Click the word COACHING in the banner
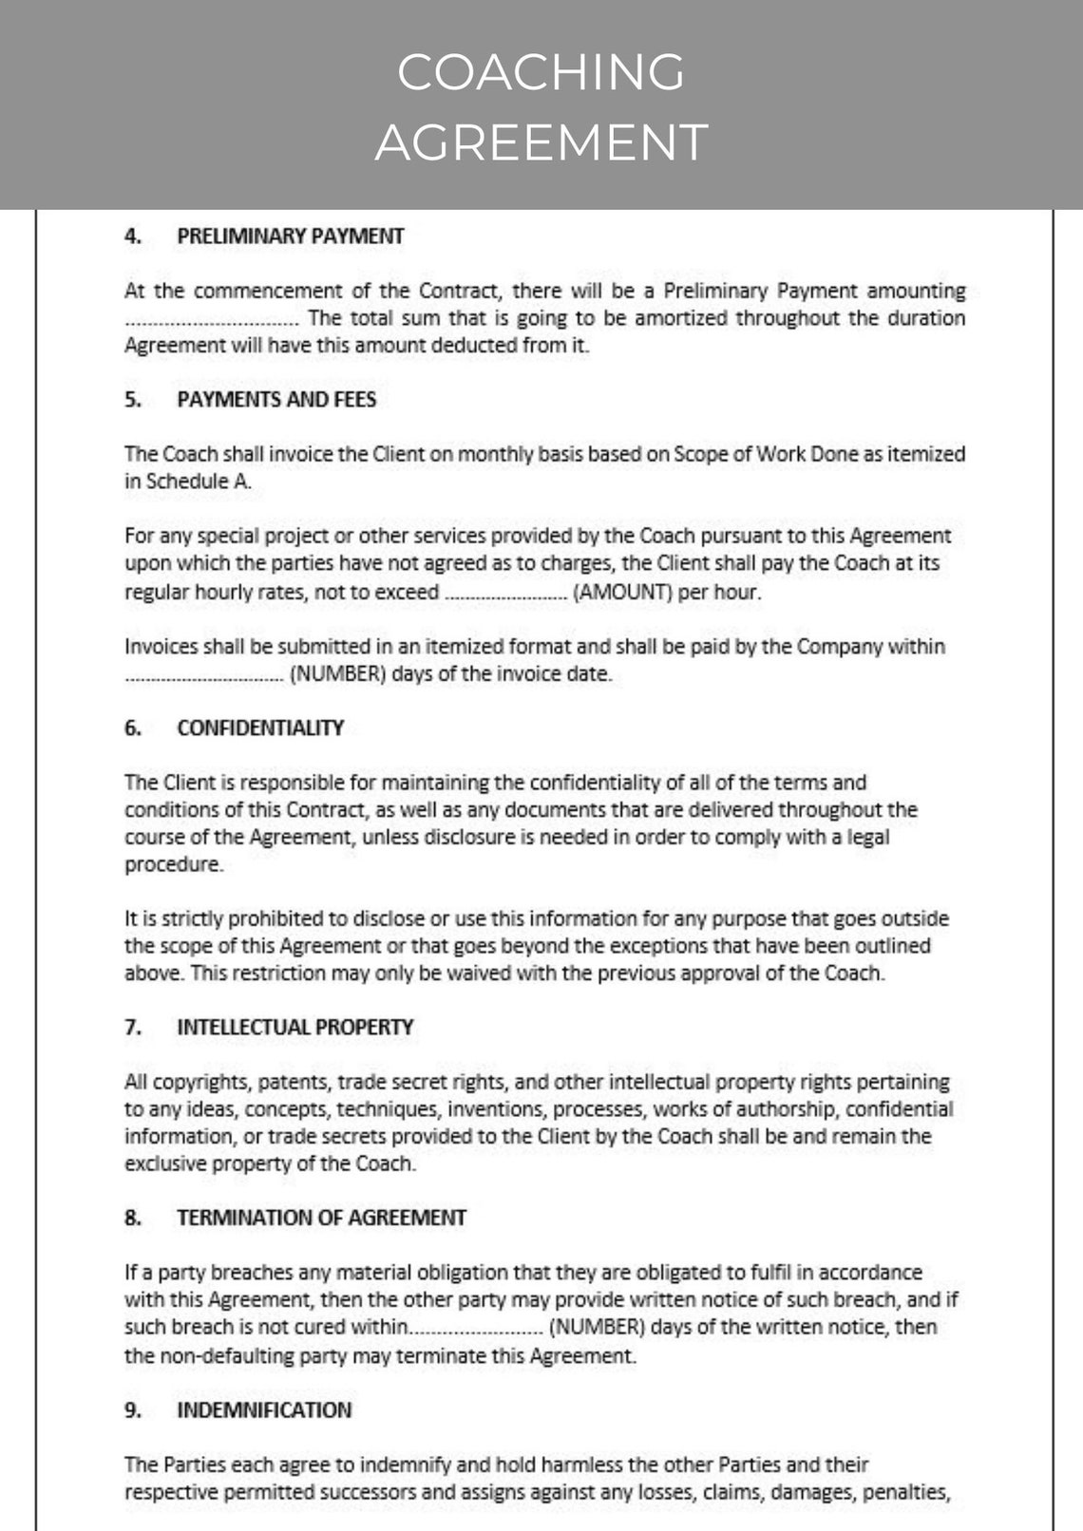coord(541,72)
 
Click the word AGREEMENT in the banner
coord(541,142)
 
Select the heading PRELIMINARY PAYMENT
coord(290,236)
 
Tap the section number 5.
coord(132,400)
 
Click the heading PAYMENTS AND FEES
coord(276,400)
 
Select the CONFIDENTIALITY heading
coord(260,728)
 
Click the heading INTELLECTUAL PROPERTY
coord(294,1028)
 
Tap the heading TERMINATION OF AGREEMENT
coord(321,1218)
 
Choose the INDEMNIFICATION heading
coord(264,1410)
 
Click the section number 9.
coord(132,1410)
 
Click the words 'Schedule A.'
coord(199,482)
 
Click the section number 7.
coord(132,1028)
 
